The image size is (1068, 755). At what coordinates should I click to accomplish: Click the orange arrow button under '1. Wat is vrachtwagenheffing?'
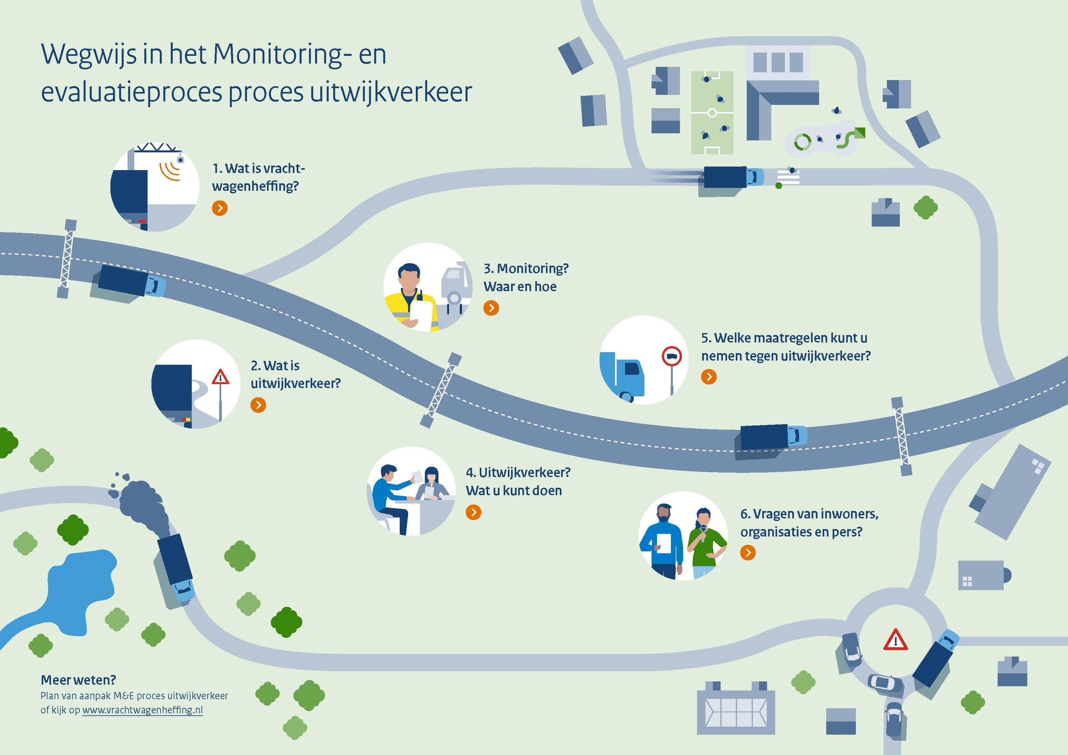tap(220, 208)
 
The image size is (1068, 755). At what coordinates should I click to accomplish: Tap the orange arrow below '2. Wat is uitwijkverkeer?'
tap(258, 405)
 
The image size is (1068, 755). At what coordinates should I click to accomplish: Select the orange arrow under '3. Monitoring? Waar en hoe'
tap(491, 308)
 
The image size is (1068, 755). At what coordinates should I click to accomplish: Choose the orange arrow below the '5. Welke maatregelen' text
tap(709, 377)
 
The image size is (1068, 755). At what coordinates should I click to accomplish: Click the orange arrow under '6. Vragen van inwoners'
tap(748, 553)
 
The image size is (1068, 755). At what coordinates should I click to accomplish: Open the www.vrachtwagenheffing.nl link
tap(142, 710)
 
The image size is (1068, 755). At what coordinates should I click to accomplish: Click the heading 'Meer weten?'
tap(78, 680)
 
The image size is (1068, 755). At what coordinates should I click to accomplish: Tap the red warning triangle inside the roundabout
tap(895, 640)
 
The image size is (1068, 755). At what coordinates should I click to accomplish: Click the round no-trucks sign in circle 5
tap(672, 357)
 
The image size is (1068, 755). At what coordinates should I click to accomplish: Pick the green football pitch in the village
tap(712, 113)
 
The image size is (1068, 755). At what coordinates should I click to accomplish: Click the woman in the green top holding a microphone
tap(705, 542)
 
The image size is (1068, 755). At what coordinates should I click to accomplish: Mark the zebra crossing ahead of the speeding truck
tap(788, 177)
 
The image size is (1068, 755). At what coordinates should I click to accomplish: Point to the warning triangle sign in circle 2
tap(220, 377)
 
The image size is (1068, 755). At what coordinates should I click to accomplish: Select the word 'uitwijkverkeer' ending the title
tap(391, 93)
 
